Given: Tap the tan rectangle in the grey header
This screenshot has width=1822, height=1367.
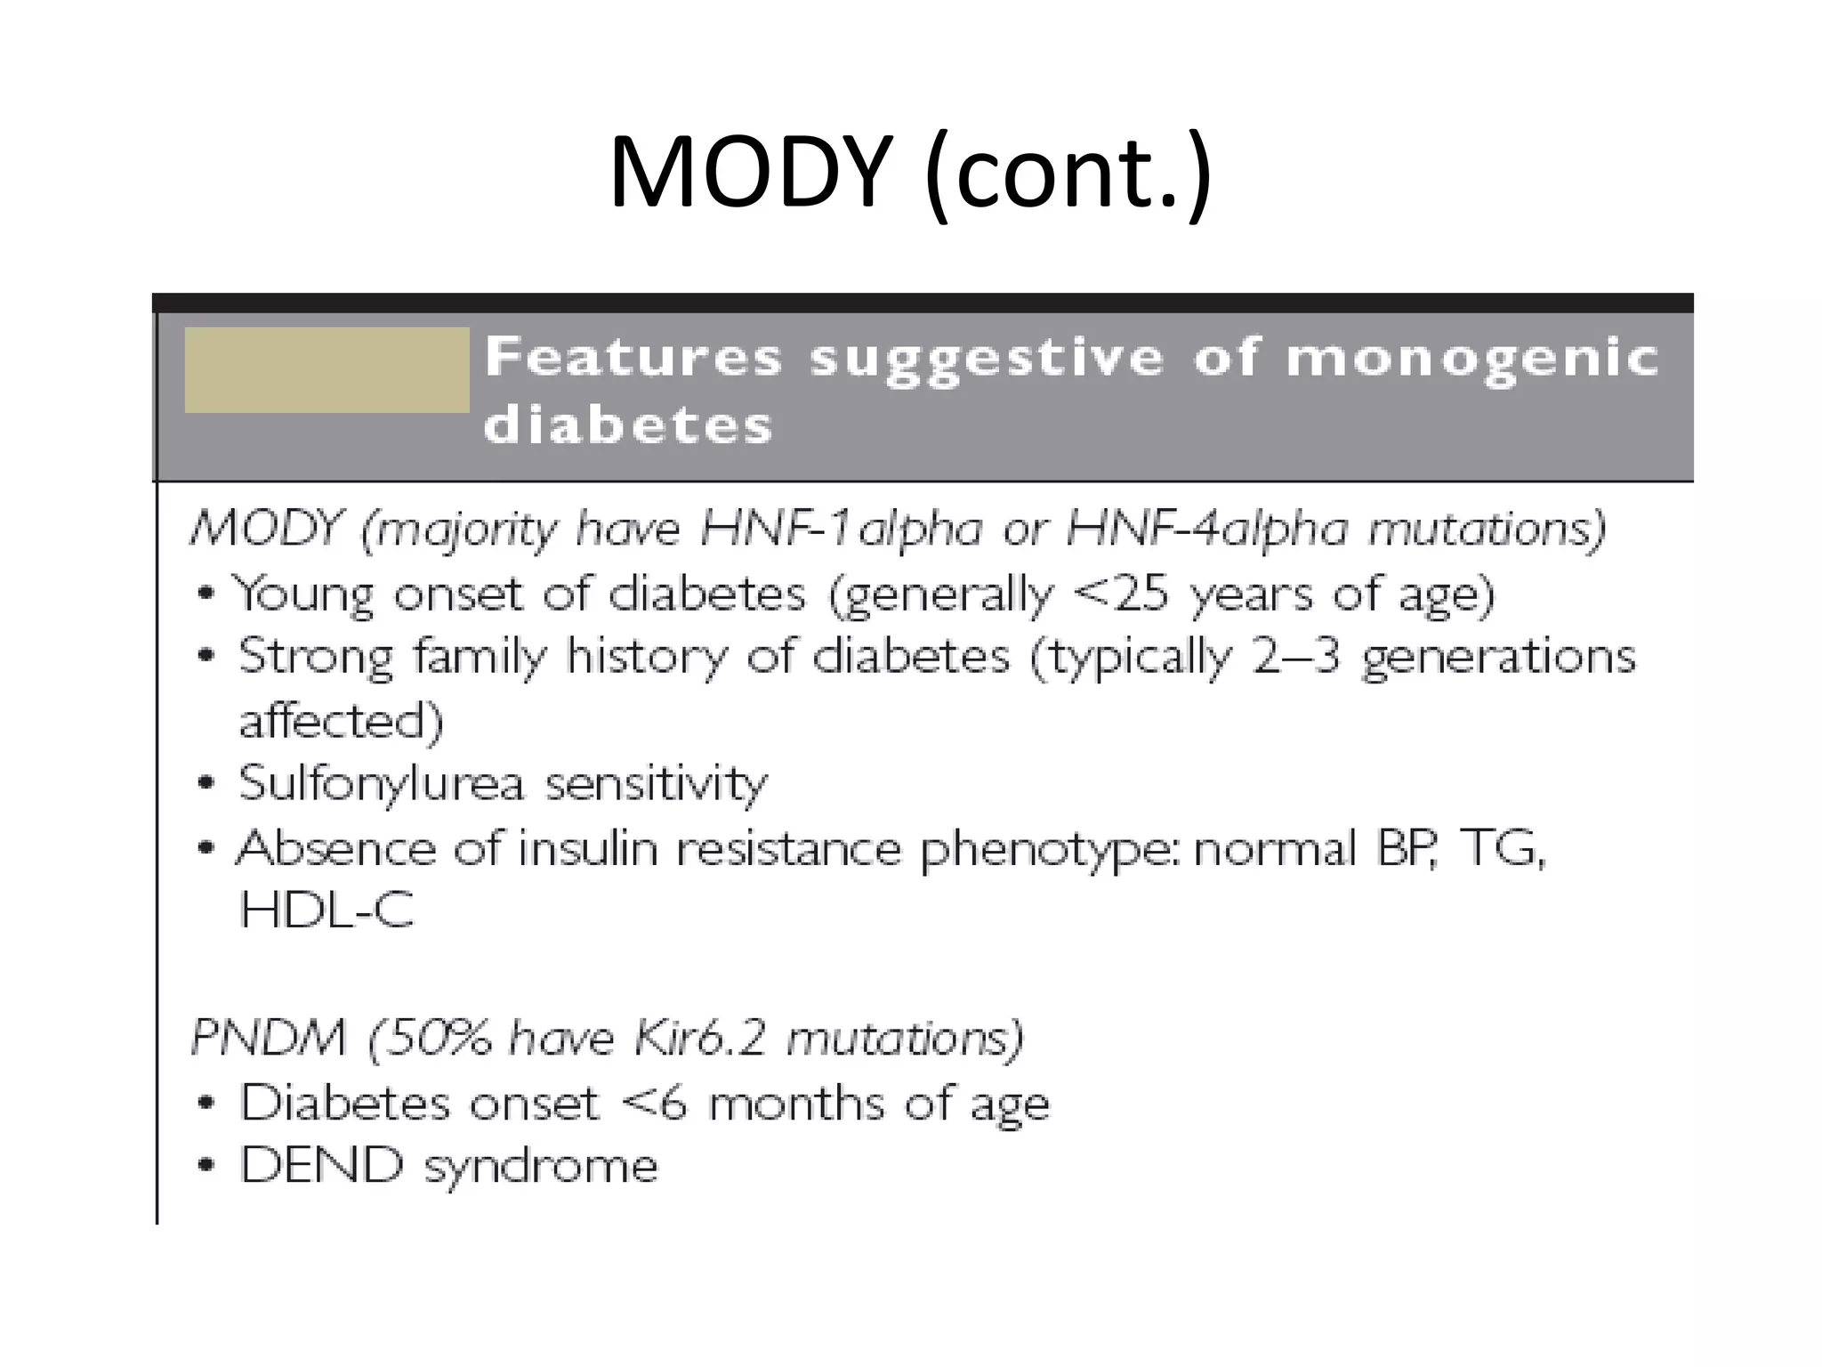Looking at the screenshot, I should point(327,369).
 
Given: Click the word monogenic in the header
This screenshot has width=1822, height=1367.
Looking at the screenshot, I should point(1472,359).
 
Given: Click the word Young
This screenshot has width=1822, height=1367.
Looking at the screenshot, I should point(302,595).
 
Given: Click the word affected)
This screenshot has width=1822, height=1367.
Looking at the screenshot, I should point(341,720).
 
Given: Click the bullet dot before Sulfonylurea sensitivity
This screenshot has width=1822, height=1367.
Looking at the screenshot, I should point(206,784).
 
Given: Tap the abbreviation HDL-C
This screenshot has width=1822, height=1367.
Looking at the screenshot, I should point(327,910).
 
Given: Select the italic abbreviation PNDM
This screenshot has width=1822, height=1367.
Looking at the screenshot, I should point(268,1038).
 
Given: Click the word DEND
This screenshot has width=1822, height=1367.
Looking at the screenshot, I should point(321,1165).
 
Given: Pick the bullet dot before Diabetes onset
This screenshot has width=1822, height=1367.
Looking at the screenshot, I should point(206,1104).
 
